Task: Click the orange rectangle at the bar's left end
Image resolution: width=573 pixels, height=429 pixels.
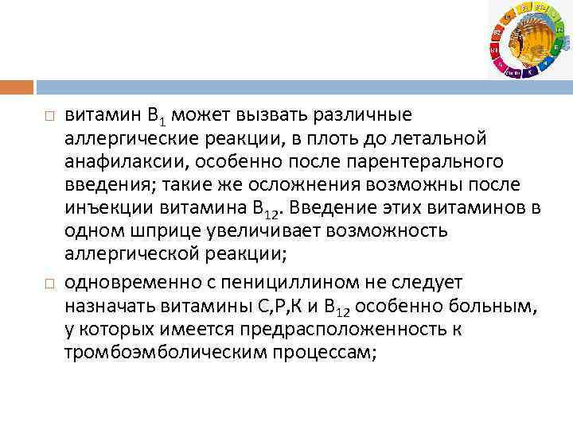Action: (x=17, y=87)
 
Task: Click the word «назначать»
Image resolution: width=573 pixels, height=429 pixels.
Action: (x=109, y=306)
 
